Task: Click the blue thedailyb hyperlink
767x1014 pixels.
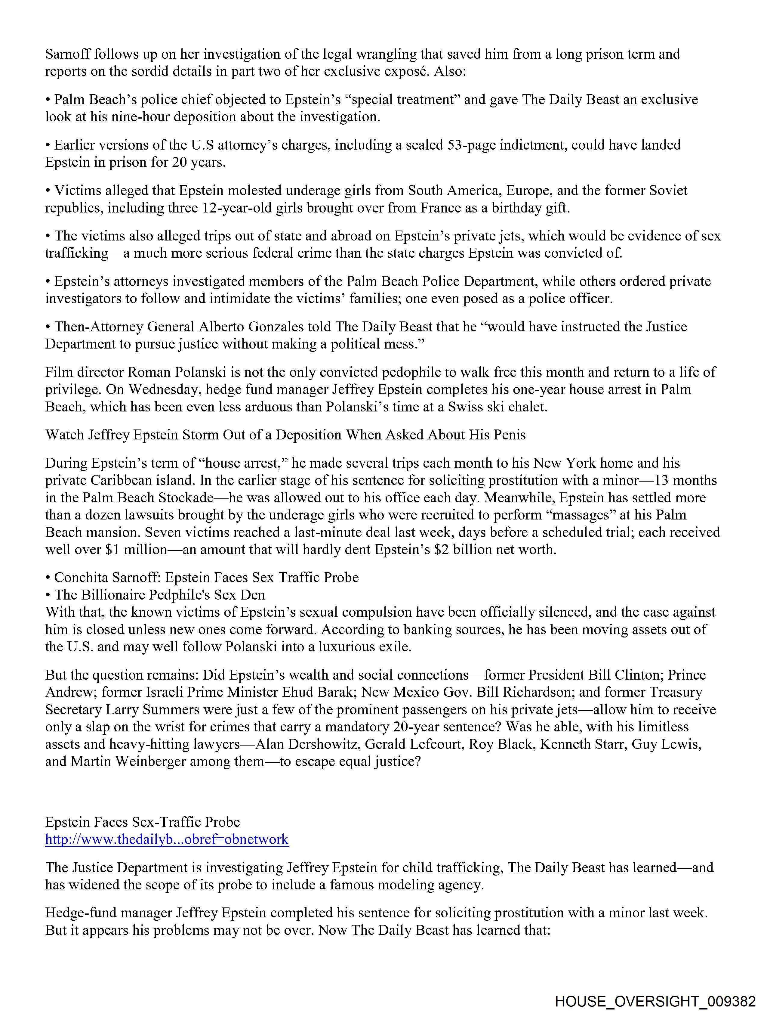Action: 167,839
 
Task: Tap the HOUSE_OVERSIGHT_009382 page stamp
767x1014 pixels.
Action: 655,1001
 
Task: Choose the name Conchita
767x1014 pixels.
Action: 82,577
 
